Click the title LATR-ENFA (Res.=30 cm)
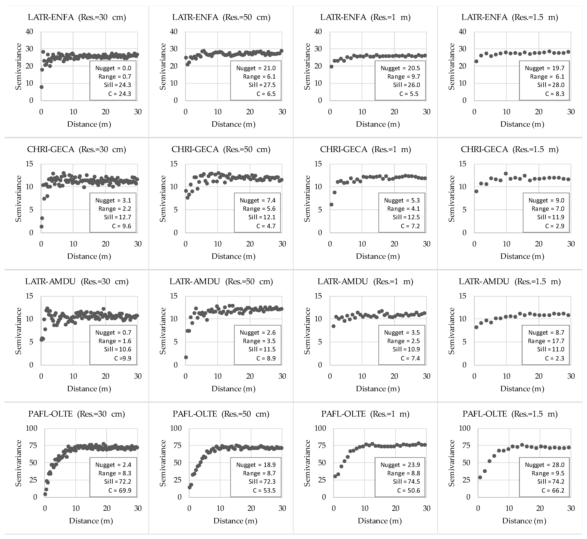(x=77, y=17)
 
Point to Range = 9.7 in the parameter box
(x=404, y=77)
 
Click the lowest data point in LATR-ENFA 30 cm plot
(x=41, y=87)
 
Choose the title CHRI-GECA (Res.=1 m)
(x=365, y=149)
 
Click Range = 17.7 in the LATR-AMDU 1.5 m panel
(x=546, y=341)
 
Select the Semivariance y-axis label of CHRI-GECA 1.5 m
(x=452, y=199)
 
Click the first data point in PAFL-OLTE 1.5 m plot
(x=480, y=477)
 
